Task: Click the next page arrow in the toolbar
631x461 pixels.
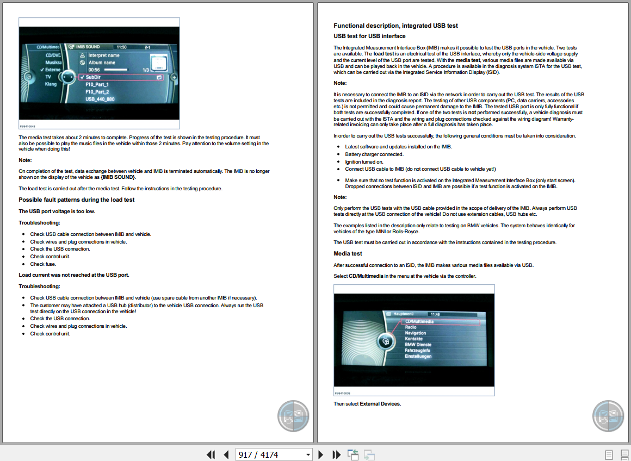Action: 321,454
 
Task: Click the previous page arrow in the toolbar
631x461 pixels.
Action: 226,454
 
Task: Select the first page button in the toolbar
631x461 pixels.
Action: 211,454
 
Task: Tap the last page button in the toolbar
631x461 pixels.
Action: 337,454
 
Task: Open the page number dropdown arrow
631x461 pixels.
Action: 308,454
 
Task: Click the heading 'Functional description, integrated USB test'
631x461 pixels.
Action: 395,26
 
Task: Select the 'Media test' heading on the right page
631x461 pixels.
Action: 348,254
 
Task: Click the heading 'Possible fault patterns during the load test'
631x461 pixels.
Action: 77,200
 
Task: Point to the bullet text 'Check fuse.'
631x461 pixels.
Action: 43,264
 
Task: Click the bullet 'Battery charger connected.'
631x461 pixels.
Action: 374,154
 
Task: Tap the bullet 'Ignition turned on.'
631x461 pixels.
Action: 364,161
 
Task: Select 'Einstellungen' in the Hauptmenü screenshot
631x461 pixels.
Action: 418,357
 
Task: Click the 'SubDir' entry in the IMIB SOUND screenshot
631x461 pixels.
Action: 93,77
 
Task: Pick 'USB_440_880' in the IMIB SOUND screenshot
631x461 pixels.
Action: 100,99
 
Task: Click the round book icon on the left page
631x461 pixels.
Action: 293,416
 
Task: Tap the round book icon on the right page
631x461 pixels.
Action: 608,416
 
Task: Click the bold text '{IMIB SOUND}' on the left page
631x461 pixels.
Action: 118,177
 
